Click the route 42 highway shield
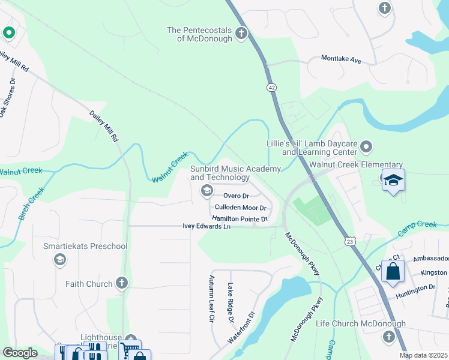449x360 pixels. pos(273,87)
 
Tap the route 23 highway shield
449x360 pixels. pos(349,241)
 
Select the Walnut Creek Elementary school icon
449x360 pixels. pos(393,180)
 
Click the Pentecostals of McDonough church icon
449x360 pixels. pos(241,34)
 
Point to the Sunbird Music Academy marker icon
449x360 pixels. pos(207,191)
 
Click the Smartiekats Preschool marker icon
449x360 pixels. pos(59,259)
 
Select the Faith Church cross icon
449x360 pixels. pos(121,283)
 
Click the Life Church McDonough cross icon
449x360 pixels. pos(385,337)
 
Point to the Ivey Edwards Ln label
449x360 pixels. pos(206,227)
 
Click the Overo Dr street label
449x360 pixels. pos(236,196)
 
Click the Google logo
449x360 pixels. pos(20,353)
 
